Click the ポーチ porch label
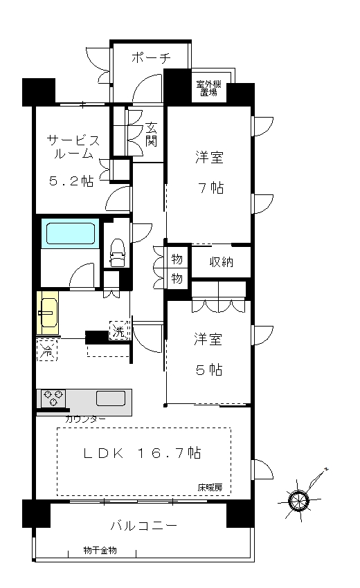151,57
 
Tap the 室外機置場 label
208,89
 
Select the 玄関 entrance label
151,134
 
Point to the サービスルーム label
73,147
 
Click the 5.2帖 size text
71,181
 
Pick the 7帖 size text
210,187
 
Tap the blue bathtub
70,233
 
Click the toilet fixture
117,252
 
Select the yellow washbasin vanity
48,313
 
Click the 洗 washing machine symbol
119,331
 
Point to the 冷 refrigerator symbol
47,351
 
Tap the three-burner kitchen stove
53,398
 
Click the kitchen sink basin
111,398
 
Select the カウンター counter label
85,419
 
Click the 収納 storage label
221,261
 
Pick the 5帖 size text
209,370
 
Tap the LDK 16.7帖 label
142,453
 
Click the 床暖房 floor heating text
210,488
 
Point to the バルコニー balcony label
144,525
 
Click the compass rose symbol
299,499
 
